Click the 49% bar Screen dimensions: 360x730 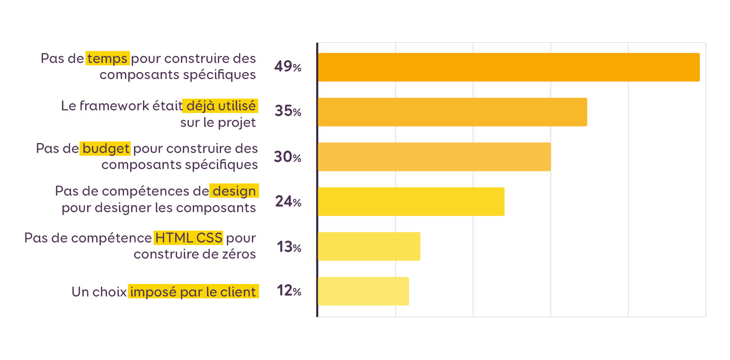pos(508,67)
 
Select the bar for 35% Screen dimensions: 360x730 pos(452,112)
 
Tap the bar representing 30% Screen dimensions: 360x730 pos(434,157)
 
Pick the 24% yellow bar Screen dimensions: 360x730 pos(411,202)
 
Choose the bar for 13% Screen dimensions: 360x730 pos(369,246)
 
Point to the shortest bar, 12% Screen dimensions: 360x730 pos(363,291)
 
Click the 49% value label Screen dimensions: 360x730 pos(287,67)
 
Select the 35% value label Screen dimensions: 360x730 pos(287,112)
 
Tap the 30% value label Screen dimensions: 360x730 pos(287,157)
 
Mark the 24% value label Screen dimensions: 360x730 pos(287,202)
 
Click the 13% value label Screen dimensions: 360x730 pos(288,247)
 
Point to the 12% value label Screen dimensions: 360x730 pos(288,291)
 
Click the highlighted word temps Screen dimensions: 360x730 pos(107,58)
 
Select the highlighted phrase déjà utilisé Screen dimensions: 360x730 pos(220,106)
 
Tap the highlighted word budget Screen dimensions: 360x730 pos(106,148)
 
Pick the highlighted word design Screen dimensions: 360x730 pos(234,191)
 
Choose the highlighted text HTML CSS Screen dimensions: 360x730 pos(188,237)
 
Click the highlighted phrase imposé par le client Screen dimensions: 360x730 pos(193,292)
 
